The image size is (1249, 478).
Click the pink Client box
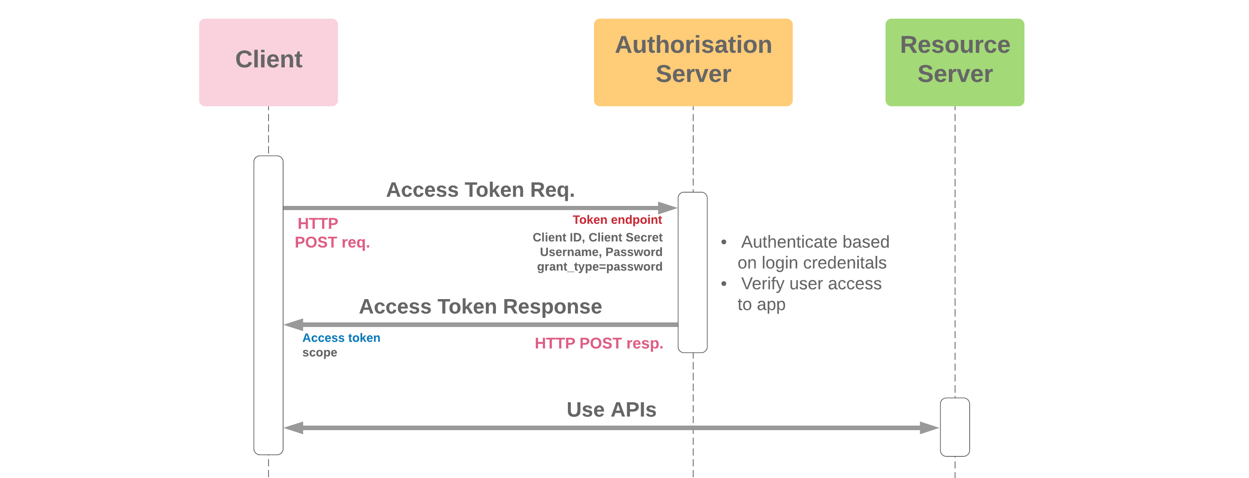268,62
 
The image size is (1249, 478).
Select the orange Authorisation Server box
693,62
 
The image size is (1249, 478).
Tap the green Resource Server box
954,62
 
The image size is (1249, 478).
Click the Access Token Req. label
480,190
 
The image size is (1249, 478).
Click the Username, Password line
601,252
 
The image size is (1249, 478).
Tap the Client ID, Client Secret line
597,237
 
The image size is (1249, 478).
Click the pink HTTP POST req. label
332,233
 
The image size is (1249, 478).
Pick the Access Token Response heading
480,307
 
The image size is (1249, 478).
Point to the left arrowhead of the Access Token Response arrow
293,324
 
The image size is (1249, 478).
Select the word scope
319,352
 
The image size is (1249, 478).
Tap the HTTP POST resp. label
598,343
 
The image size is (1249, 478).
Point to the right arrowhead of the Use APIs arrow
930,428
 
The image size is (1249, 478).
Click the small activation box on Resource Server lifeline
954,427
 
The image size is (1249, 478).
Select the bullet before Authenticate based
724,242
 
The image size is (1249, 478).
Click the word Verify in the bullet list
763,284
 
